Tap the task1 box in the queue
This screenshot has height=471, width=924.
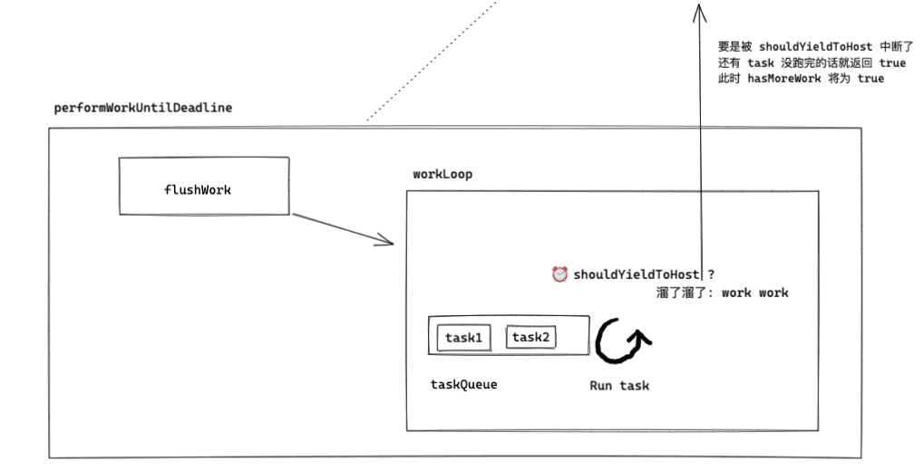tap(462, 338)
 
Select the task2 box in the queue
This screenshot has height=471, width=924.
tap(530, 337)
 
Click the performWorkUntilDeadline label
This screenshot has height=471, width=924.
tap(142, 107)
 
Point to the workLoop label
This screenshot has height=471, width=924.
tap(443, 174)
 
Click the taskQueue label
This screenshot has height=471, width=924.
tap(463, 384)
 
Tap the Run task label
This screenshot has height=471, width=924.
tap(619, 385)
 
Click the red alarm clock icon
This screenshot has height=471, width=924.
tap(559, 274)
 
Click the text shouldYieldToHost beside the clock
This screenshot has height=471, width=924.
tap(636, 274)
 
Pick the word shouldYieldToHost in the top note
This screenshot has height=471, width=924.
tap(815, 46)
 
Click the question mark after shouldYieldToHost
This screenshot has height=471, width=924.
tap(711, 274)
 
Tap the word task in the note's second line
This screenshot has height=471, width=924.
tap(761, 62)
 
